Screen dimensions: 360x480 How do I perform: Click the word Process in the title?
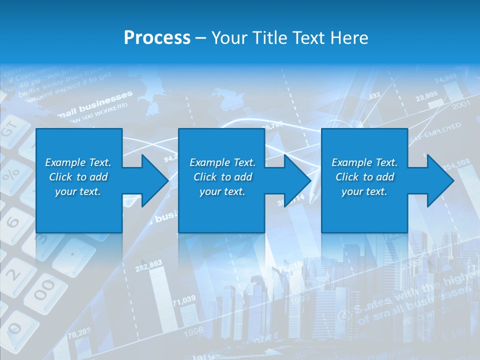click(x=157, y=38)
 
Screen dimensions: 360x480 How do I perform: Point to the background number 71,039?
click(x=183, y=299)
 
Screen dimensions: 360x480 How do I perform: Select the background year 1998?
click(x=194, y=330)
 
